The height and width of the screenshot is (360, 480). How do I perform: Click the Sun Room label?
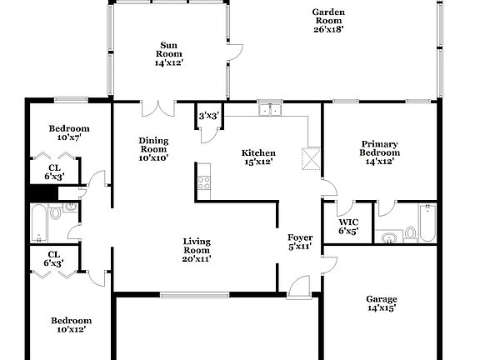[167, 53]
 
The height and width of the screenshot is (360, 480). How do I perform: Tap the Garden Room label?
[328, 21]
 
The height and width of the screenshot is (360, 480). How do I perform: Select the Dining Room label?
[153, 148]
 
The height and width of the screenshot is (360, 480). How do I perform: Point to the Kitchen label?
[257, 157]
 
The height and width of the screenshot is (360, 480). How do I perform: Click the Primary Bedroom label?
[379, 152]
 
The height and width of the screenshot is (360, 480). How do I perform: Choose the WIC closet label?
[348, 225]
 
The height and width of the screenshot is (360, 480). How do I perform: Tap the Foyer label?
[299, 242]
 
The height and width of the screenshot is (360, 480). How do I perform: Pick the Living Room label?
[197, 249]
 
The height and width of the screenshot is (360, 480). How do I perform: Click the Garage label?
[382, 303]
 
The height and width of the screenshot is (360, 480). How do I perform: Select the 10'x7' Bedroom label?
[68, 133]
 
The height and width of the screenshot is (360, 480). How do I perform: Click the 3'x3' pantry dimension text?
[208, 117]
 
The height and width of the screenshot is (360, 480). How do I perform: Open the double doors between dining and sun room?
[157, 109]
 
